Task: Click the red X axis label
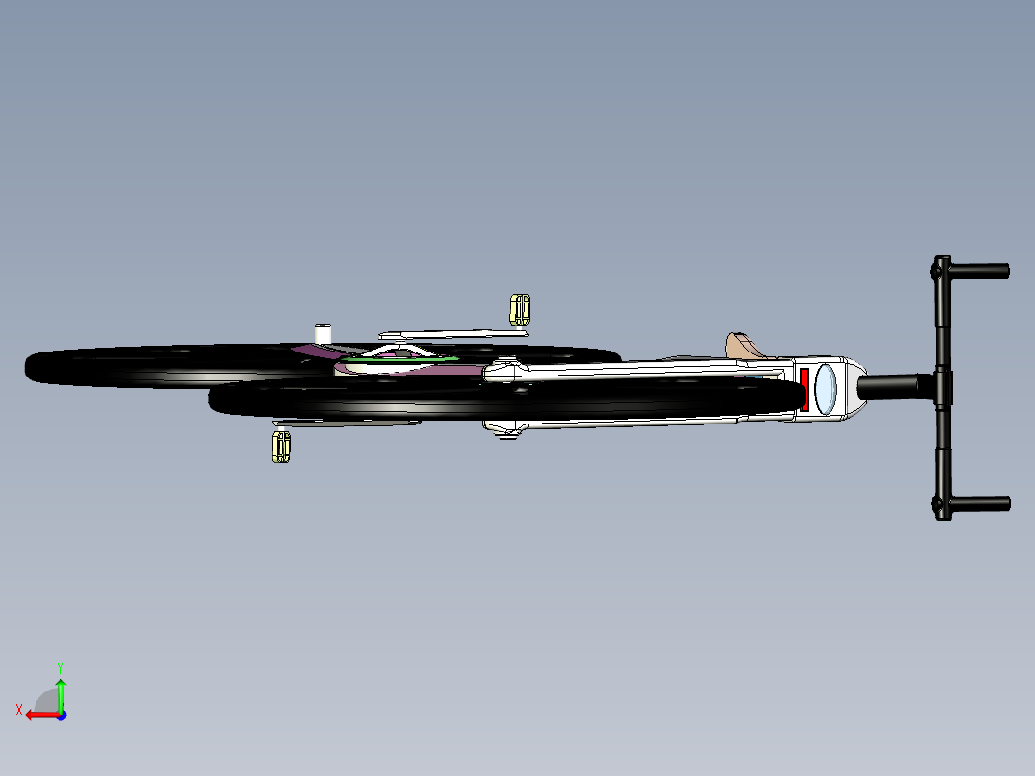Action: pyautogui.click(x=19, y=710)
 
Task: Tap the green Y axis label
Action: pyautogui.click(x=60, y=667)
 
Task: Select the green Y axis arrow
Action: pyautogui.click(x=60, y=695)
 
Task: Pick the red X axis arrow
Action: pyautogui.click(x=42, y=715)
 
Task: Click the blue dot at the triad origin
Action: pyautogui.click(x=61, y=715)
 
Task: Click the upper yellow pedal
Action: pyautogui.click(x=519, y=310)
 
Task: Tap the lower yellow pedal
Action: pyautogui.click(x=280, y=448)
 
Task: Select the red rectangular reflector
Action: pyautogui.click(x=805, y=390)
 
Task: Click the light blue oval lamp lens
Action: pyautogui.click(x=825, y=389)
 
